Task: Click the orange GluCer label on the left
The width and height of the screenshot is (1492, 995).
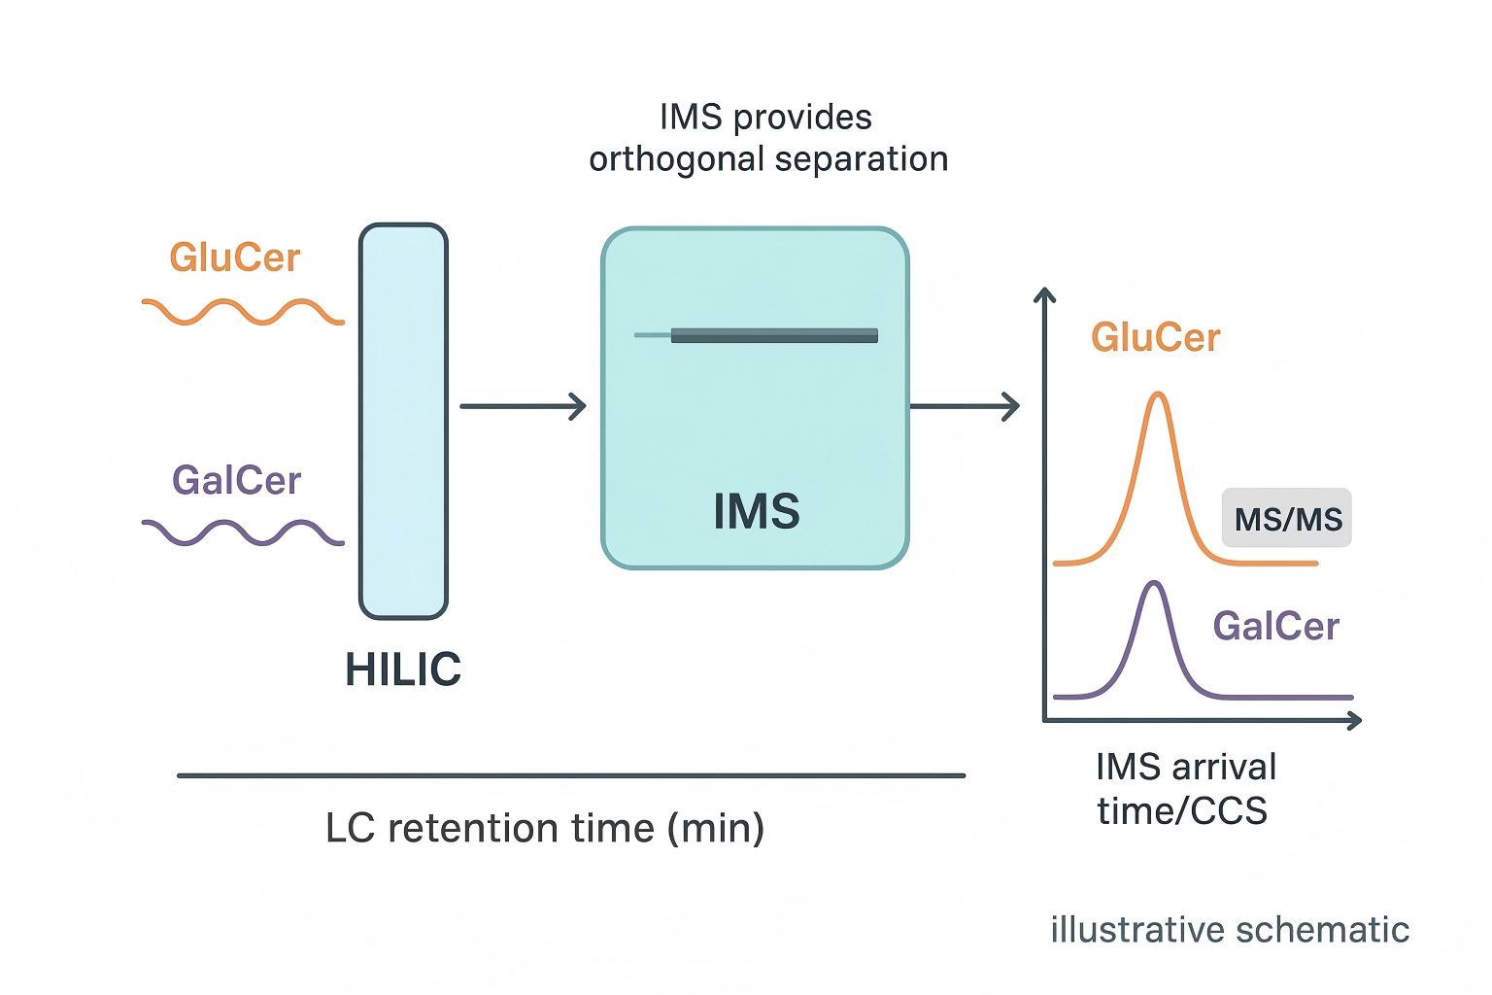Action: click(234, 257)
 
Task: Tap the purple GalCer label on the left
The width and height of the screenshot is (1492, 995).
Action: click(236, 480)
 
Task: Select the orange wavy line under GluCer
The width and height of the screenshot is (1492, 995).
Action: click(243, 312)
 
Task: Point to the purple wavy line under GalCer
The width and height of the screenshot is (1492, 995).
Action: click(243, 532)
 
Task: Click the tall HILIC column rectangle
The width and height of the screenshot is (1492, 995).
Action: click(403, 421)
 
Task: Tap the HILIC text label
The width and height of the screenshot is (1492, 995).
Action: click(403, 669)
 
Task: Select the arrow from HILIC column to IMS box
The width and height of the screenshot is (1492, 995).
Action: click(523, 406)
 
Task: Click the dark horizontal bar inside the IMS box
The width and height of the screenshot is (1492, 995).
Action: click(773, 335)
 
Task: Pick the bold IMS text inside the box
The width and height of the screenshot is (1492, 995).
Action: click(756, 511)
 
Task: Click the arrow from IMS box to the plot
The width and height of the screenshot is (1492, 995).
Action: click(965, 406)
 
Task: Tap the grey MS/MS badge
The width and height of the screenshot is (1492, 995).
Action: click(1287, 519)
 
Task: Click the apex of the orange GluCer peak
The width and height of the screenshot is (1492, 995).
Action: click(1158, 394)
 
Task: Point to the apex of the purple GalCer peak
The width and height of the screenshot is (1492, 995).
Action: click(1154, 583)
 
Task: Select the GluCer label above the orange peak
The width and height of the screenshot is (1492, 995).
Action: click(1155, 337)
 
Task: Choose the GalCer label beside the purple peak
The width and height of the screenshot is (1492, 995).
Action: click(1275, 626)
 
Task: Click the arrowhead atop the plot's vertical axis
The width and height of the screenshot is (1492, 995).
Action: click(1044, 293)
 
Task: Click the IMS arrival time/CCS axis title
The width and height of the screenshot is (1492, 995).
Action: click(1184, 788)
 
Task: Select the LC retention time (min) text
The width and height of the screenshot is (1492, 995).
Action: click(545, 828)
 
